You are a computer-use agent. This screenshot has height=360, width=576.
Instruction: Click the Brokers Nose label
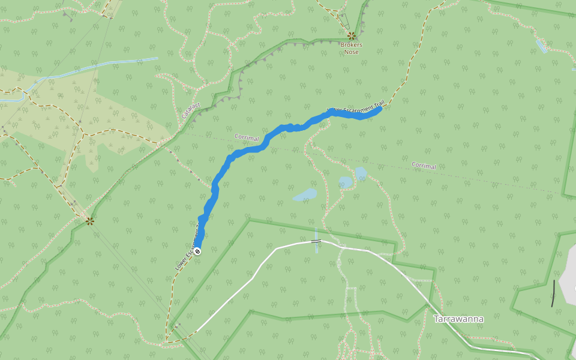(x=351, y=48)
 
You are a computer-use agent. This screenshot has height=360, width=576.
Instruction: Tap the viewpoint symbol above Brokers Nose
(x=351, y=36)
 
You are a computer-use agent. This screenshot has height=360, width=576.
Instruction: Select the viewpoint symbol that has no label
(x=89, y=221)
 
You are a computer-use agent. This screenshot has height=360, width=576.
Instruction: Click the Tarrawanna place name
(x=458, y=319)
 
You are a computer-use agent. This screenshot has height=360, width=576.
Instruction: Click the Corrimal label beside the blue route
(x=247, y=138)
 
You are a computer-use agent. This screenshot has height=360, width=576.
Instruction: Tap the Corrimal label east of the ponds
(x=424, y=166)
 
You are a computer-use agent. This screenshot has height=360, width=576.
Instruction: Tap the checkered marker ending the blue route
(x=197, y=251)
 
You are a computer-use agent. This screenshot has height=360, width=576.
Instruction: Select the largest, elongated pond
(x=305, y=195)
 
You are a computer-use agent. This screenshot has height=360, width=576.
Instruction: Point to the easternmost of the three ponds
(x=361, y=173)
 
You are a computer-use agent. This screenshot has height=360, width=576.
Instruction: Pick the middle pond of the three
(x=345, y=181)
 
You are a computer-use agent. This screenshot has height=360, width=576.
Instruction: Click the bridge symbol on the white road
(x=316, y=242)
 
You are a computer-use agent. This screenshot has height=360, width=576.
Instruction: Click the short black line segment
(x=553, y=293)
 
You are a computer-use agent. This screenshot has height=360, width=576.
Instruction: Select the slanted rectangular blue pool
(x=541, y=46)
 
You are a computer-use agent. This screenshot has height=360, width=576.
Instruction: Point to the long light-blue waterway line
(x=96, y=66)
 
